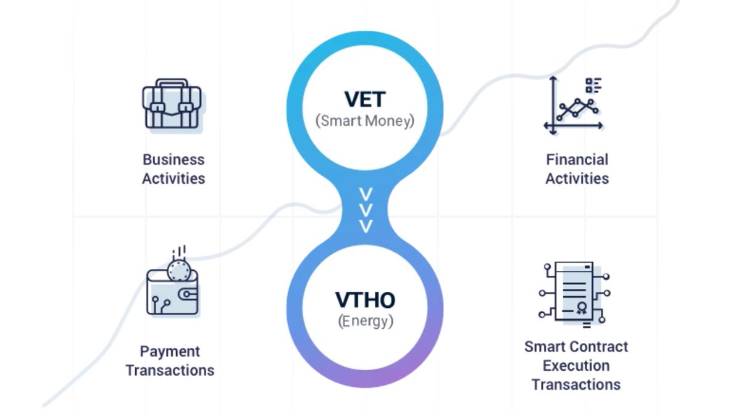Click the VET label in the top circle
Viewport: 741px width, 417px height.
click(x=364, y=99)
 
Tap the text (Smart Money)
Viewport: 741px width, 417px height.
click(x=364, y=121)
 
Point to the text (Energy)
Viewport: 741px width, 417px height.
click(x=365, y=321)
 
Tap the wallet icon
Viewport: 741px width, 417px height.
click(x=173, y=290)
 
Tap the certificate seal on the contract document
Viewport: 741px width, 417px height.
click(x=581, y=309)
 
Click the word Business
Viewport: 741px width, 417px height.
click(x=174, y=160)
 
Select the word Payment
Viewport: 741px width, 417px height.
click(x=170, y=352)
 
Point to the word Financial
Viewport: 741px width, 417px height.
click(x=577, y=160)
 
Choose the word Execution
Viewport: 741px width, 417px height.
click(x=576, y=366)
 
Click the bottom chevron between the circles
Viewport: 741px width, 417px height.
click(x=366, y=227)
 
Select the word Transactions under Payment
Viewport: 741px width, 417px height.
click(x=170, y=371)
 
